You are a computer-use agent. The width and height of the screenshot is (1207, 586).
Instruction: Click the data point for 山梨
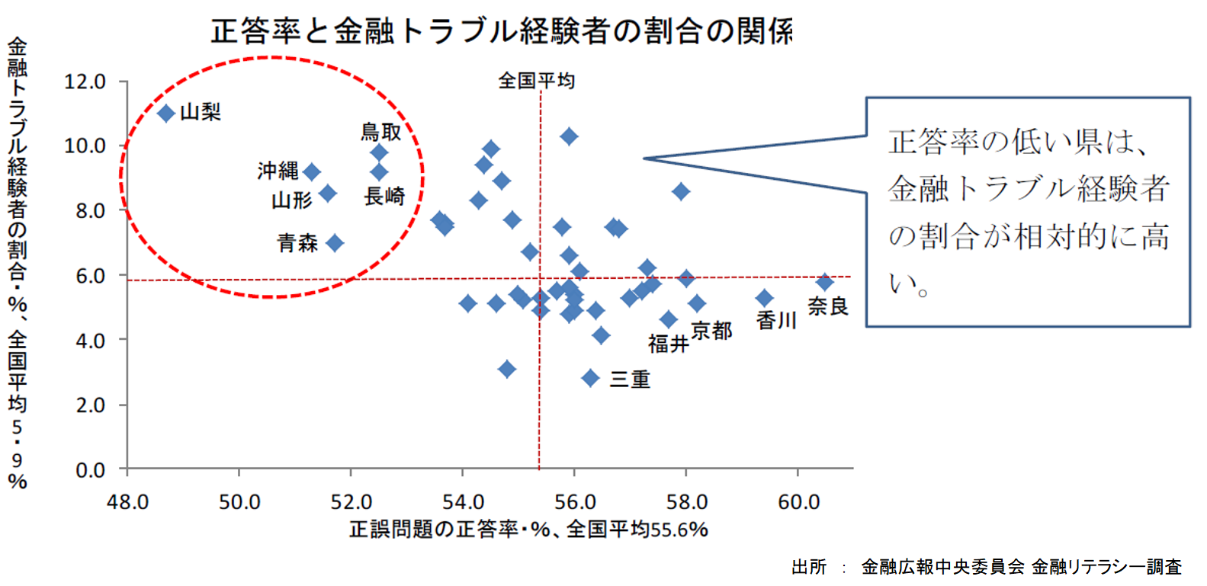click(x=166, y=114)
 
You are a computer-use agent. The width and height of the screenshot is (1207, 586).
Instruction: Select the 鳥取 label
click(x=380, y=133)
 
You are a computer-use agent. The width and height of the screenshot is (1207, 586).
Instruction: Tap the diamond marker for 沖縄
click(x=311, y=172)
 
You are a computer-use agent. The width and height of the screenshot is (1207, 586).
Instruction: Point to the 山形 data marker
click(x=327, y=194)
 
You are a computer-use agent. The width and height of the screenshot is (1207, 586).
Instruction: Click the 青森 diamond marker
click(x=334, y=243)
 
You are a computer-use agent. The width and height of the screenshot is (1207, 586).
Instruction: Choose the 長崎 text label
click(x=384, y=197)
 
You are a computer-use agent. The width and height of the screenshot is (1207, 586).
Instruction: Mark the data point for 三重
click(x=590, y=378)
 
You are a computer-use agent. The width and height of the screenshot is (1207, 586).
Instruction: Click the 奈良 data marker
click(x=824, y=282)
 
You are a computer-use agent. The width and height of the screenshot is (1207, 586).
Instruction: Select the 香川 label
click(x=776, y=321)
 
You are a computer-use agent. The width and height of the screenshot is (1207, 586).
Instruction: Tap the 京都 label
click(x=711, y=331)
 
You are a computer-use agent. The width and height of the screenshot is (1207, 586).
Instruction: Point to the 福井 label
click(x=668, y=344)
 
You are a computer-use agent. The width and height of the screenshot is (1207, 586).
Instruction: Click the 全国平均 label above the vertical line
click(x=536, y=81)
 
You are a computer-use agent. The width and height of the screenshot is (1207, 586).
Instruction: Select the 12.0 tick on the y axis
click(x=85, y=82)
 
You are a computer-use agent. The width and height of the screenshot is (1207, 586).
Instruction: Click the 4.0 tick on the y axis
click(x=90, y=340)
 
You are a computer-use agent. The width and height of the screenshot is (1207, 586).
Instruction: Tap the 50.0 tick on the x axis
click(x=239, y=502)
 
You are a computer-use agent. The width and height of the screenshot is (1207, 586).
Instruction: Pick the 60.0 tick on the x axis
click(x=798, y=502)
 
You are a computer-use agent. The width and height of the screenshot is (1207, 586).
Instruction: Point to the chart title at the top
click(x=502, y=31)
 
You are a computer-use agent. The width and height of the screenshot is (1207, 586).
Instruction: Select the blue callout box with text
click(x=1028, y=212)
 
